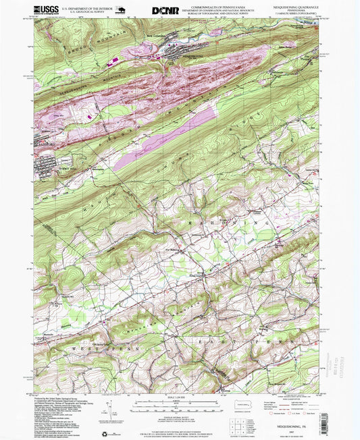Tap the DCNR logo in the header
(x=165, y=10)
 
